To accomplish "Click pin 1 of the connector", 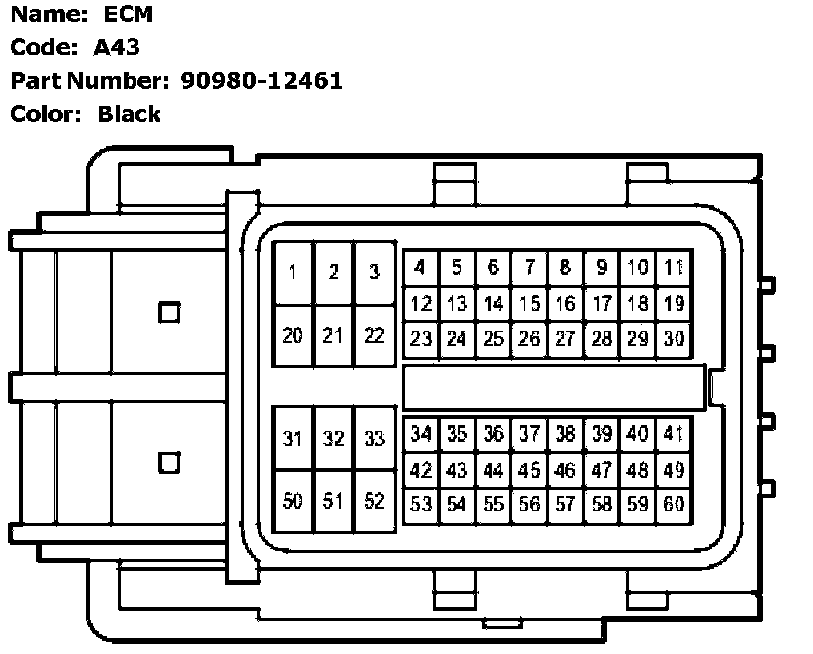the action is [x=293, y=272].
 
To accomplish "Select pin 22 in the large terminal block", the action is [x=374, y=336].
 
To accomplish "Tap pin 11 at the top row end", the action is [x=675, y=267].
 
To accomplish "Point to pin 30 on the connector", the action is [x=675, y=339].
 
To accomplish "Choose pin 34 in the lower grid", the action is [x=421, y=434].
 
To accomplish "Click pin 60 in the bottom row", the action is [x=675, y=504].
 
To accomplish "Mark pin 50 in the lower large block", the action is [x=293, y=501].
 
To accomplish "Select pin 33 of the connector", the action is [x=374, y=439].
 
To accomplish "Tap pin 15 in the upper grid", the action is [x=530, y=304].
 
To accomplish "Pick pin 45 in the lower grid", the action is [x=530, y=470].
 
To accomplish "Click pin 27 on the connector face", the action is [x=565, y=339].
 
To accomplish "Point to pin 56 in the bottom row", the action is [x=530, y=504].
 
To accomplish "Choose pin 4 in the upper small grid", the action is [x=421, y=267].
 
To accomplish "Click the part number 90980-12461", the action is [x=262, y=81].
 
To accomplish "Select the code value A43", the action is [x=118, y=47].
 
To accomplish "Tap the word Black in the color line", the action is [x=130, y=114].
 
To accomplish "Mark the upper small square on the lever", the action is [x=170, y=312].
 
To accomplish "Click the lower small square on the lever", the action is [x=170, y=463].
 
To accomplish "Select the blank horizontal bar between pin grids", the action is [x=554, y=387].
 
